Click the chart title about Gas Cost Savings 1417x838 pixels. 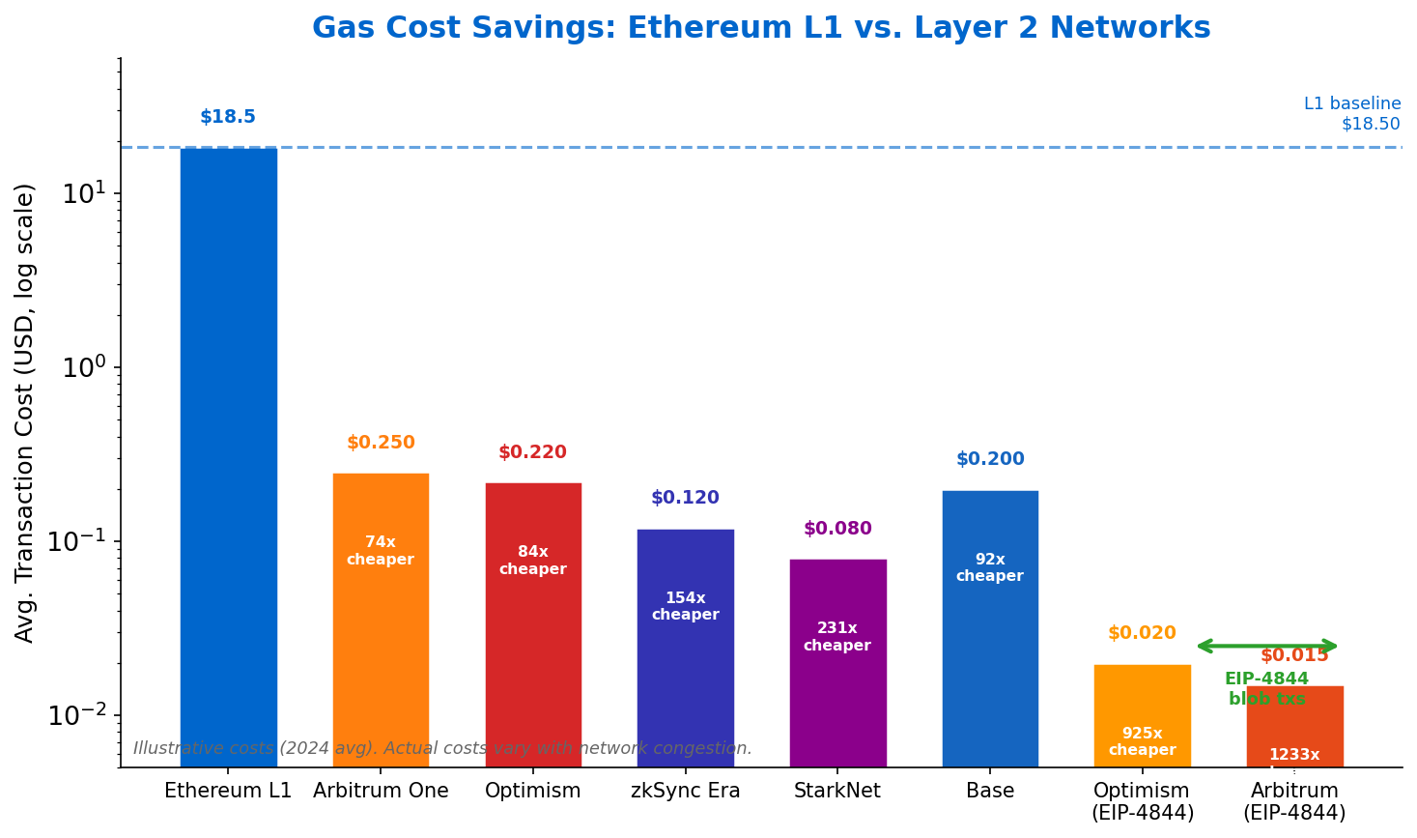[760, 28]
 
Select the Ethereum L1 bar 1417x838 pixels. [228, 454]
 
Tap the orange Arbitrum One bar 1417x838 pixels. [381, 619]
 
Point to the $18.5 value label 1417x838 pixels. [228, 117]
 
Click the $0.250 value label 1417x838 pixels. [381, 443]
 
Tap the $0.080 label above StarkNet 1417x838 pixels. [837, 529]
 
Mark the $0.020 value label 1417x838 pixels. [1142, 633]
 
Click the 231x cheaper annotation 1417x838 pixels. [837, 637]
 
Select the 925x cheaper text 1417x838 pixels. [1142, 741]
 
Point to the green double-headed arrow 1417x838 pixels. [1267, 646]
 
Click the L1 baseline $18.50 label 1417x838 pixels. [1351, 113]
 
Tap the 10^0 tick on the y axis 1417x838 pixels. [85, 367]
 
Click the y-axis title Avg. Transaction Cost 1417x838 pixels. [25, 412]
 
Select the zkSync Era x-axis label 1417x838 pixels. [685, 791]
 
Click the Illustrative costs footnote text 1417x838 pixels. [442, 748]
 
